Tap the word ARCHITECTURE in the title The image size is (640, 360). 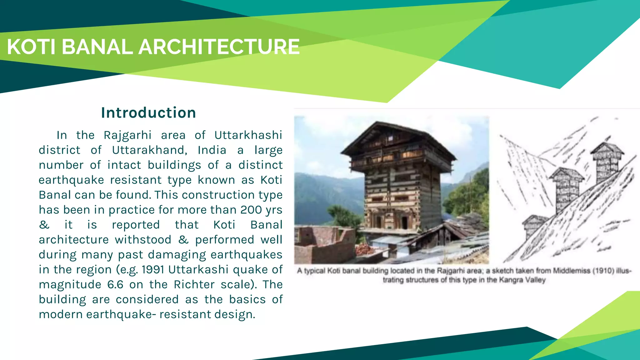pyautogui.click(x=219, y=47)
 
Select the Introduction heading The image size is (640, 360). pyautogui.click(x=148, y=113)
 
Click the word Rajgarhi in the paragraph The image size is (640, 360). pyautogui.click(x=127, y=135)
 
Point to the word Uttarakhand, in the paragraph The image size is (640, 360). pyautogui.click(x=150, y=150)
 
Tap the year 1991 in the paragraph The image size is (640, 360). pyautogui.click(x=153, y=270)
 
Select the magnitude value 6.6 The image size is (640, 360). pyautogui.click(x=115, y=285)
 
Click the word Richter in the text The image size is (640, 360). pyautogui.click(x=194, y=285)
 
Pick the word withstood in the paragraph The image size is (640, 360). pyautogui.click(x=143, y=240)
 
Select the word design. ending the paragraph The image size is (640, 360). pyautogui.click(x=238, y=315)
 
